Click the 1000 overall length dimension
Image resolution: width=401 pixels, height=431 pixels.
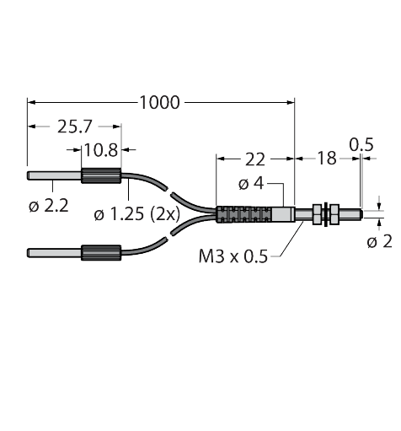pyautogui.click(x=161, y=102)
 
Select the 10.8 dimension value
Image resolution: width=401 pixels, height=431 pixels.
pyautogui.click(x=102, y=152)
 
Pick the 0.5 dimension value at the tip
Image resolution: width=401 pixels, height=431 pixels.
pyautogui.click(x=361, y=145)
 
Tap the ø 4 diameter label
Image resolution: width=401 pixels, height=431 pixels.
pyautogui.click(x=252, y=184)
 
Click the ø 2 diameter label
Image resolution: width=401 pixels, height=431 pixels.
pyautogui.click(x=380, y=243)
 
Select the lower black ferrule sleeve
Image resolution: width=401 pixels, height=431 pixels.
pyautogui.click(x=102, y=251)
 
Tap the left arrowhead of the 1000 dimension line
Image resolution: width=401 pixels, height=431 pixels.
pyautogui.click(x=33, y=102)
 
